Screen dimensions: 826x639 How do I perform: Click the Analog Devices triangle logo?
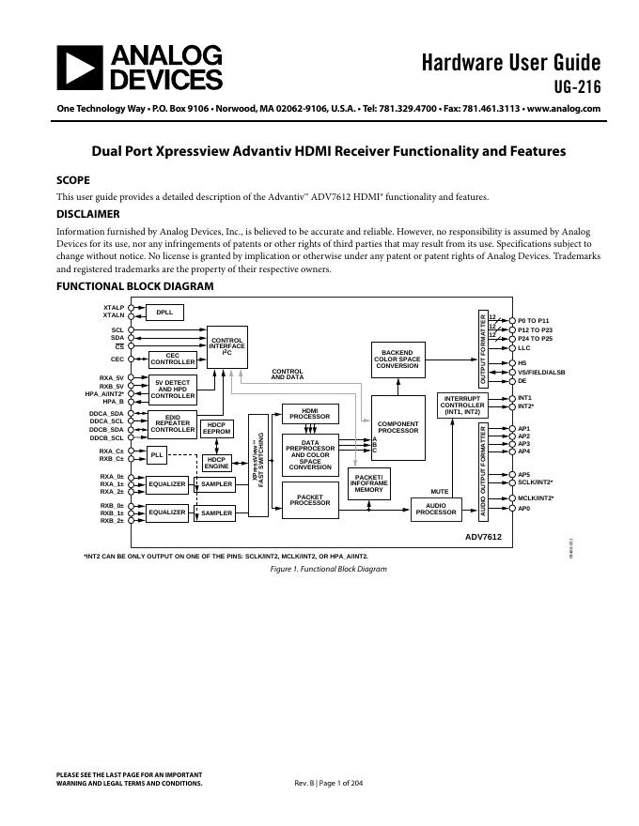(79, 68)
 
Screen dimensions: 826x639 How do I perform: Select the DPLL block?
(164, 313)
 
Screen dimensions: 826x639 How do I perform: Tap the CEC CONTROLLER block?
(173, 359)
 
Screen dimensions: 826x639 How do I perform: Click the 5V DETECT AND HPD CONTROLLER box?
(173, 389)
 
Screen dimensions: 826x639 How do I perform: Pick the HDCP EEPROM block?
(217, 428)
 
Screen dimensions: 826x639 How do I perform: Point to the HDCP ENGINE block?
(217, 463)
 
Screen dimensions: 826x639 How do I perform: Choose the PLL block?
(157, 454)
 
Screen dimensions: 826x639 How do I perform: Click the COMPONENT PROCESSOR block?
(397, 427)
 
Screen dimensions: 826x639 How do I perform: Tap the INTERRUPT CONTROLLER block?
(461, 405)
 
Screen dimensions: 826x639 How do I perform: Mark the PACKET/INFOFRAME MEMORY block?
(368, 482)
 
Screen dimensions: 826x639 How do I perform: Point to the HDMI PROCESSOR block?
(309, 413)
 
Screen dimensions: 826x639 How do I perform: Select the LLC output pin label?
(524, 348)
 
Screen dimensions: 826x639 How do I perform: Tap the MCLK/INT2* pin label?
(536, 498)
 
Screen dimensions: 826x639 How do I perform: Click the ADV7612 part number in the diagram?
(483, 537)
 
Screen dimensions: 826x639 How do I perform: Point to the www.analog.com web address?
(564, 109)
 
